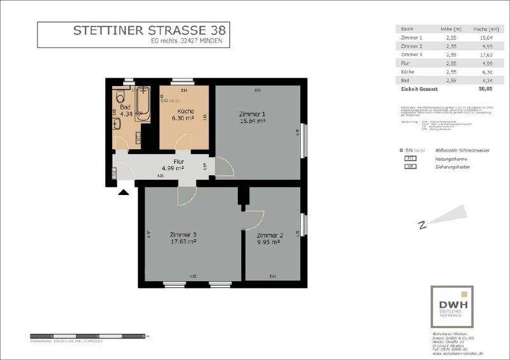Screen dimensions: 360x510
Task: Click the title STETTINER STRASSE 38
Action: tap(149, 30)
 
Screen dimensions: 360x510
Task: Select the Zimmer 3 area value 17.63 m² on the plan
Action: tap(182, 241)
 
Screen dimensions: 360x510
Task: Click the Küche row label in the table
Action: tap(408, 72)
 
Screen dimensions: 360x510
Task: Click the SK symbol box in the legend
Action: tap(411, 166)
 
